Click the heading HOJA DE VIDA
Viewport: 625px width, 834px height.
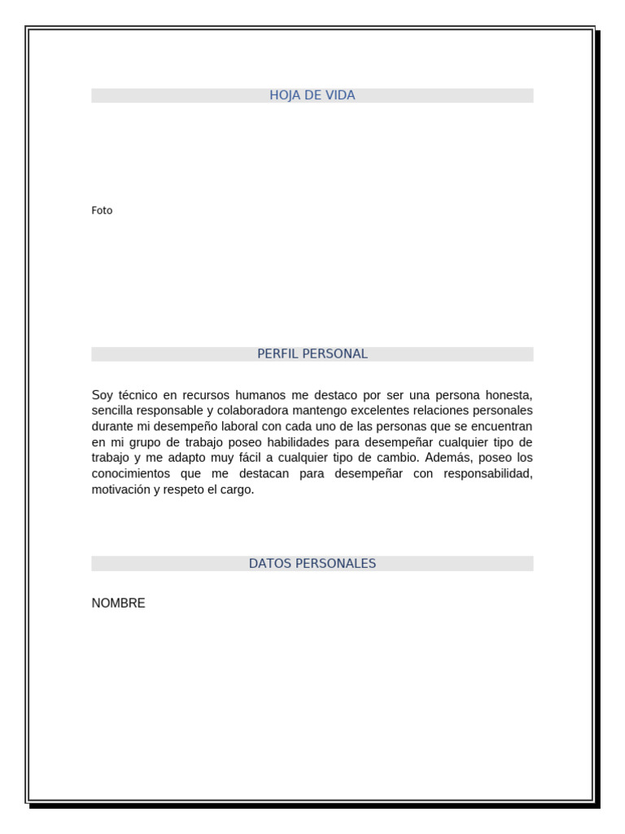[312, 95]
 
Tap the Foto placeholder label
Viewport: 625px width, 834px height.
[102, 210]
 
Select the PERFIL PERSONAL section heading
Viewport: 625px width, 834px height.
[312, 353]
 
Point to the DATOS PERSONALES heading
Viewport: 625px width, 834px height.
[312, 563]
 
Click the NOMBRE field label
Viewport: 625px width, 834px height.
[118, 604]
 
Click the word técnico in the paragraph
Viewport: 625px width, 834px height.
[135, 395]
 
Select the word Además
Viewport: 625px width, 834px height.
[448, 458]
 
